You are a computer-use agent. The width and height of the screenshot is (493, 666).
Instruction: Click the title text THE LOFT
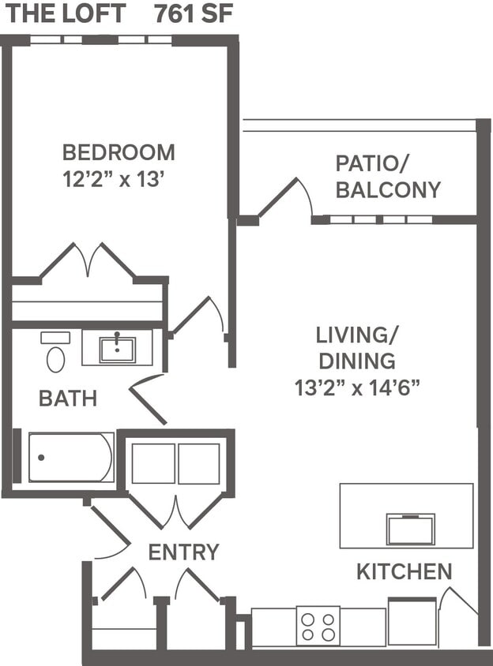[63, 13]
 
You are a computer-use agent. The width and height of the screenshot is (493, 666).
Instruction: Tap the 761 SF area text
[194, 13]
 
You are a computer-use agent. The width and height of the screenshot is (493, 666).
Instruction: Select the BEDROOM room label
[119, 152]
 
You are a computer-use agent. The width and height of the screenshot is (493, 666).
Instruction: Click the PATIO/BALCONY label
[388, 177]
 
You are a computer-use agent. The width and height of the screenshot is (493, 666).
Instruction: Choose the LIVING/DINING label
[356, 347]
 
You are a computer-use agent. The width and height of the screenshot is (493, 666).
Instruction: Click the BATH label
[68, 398]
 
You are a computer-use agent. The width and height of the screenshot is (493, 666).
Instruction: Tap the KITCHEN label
[404, 571]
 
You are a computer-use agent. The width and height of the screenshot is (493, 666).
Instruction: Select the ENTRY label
[183, 552]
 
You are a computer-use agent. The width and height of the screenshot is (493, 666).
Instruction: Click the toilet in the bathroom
[55, 353]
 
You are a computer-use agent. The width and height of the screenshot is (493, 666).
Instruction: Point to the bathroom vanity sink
[117, 348]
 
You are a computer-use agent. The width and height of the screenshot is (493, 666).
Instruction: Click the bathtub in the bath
[71, 457]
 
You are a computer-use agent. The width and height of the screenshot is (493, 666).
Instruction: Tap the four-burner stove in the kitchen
[318, 626]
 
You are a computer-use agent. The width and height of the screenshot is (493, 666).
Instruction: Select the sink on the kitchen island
[410, 529]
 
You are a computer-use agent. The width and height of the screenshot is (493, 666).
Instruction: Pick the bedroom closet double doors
[88, 261]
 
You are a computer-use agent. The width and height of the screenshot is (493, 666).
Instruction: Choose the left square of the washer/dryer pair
[152, 463]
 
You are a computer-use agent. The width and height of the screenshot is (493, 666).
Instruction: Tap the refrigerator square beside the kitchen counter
[412, 623]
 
